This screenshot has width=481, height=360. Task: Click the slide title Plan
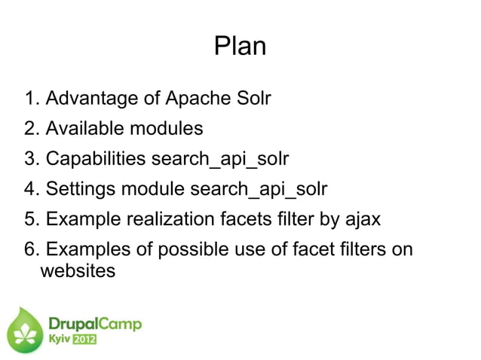click(x=240, y=47)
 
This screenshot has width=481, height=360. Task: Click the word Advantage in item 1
click(x=91, y=99)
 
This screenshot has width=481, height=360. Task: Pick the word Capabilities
click(x=96, y=159)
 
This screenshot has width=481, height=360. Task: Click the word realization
click(x=180, y=219)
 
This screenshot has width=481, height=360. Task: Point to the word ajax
click(x=362, y=219)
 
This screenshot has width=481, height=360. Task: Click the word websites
click(x=77, y=270)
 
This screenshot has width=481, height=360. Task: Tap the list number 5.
click(x=30, y=219)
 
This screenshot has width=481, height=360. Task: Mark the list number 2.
click(x=30, y=129)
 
